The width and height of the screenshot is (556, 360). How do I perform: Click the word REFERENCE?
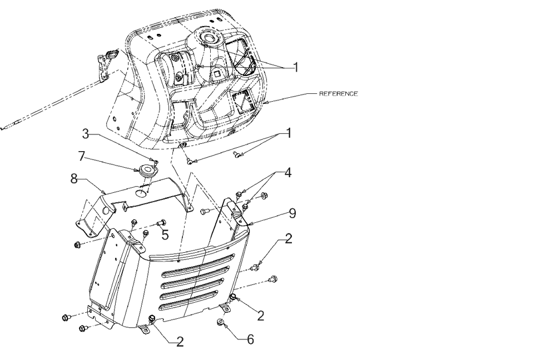338,94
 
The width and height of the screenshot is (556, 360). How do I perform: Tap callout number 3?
85,134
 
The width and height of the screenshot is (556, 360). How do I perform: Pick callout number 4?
287,173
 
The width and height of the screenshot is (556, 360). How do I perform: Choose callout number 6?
251,338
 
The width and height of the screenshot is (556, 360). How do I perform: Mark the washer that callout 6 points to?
220,322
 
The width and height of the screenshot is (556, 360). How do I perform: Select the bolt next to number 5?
162,223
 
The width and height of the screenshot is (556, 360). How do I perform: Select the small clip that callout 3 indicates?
156,161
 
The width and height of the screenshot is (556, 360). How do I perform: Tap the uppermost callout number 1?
296,67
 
